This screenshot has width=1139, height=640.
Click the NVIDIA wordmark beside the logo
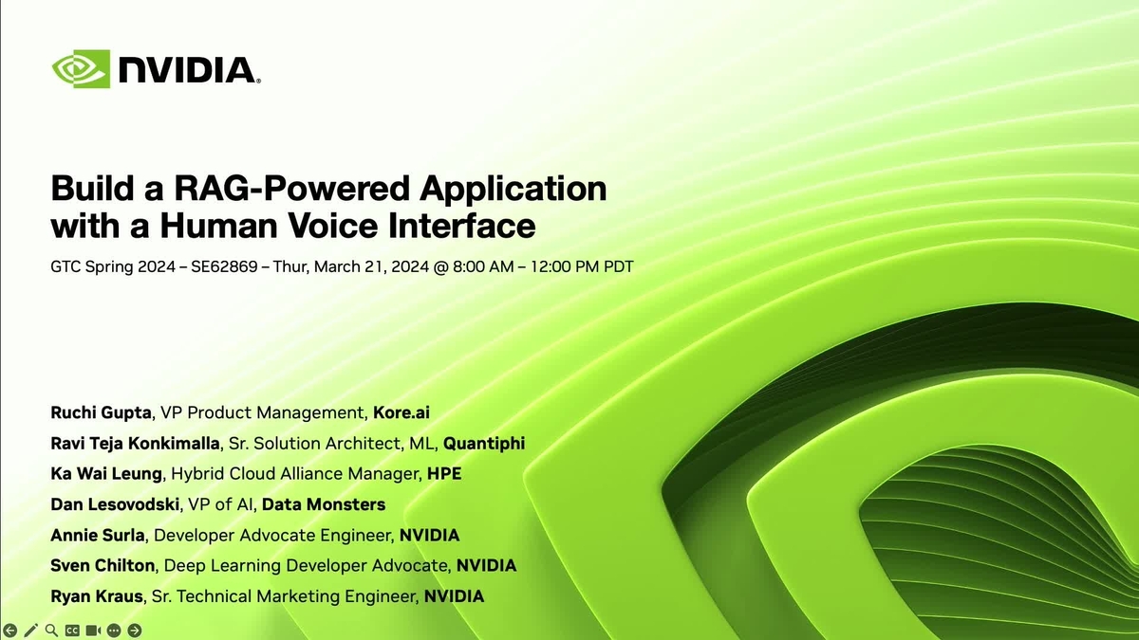click(187, 70)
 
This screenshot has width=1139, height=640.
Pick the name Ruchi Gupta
click(102, 412)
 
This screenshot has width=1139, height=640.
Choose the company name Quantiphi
click(484, 443)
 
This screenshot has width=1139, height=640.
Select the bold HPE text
click(444, 473)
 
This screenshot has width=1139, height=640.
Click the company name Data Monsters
click(324, 504)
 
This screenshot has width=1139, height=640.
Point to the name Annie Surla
click(98, 535)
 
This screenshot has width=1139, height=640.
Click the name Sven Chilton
click(103, 566)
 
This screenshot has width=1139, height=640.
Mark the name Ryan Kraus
click(96, 596)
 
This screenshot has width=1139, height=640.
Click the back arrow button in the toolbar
click(10, 630)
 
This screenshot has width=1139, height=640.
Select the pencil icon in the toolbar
click(31, 630)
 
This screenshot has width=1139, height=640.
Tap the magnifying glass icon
click(51, 630)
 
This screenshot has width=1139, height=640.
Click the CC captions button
click(72, 630)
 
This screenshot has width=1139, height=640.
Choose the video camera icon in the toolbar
click(93, 630)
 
